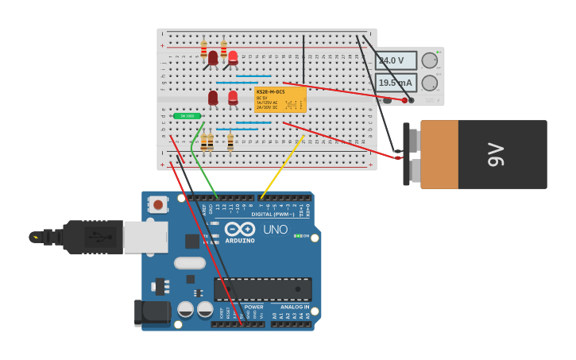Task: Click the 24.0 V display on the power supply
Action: pos(395,60)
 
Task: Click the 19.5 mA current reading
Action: pos(395,83)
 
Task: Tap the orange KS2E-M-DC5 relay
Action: pos(280,99)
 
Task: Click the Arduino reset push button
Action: pos(158,205)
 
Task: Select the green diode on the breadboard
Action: pos(187,116)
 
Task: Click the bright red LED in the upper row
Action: pos(233,57)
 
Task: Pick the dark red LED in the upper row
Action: pos(213,58)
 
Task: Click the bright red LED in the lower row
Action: pos(233,97)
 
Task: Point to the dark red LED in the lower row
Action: pos(213,98)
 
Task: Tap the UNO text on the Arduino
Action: pos(275,230)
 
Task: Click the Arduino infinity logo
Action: pos(239,230)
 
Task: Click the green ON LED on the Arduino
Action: pos(297,236)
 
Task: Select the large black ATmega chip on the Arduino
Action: pos(262,289)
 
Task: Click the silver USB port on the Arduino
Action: pos(145,237)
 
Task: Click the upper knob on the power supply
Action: pos(429,60)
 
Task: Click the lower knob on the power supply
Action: pos(429,83)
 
